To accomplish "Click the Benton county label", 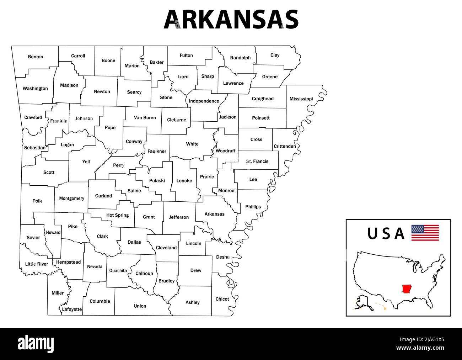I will pos(36,57).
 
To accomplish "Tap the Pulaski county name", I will pos(157,181).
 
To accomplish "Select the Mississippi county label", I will pos(301,99).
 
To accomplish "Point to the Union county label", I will pos(140,306).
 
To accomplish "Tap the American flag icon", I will pos(425,233).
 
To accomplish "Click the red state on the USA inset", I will pos(406,288).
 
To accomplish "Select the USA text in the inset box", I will pos(386,234).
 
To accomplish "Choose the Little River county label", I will pos(37,264).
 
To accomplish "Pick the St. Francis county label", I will pos(257,162).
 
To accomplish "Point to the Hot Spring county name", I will pos(118,215).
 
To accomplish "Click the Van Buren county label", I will pos(145,118).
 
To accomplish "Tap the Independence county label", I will pos(204,101).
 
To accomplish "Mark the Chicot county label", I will pos(222,299).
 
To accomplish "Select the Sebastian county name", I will pos(35,148).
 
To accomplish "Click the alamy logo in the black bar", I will pos(36,344).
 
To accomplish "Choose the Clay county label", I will pos(275,55).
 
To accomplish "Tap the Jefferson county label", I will pos(179,217).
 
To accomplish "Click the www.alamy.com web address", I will pos(420,348).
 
